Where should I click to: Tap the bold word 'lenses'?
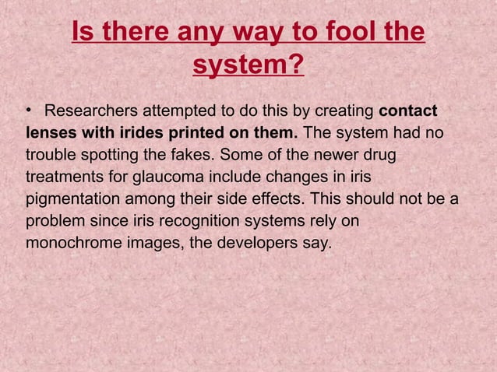pyautogui.click(x=51, y=134)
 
